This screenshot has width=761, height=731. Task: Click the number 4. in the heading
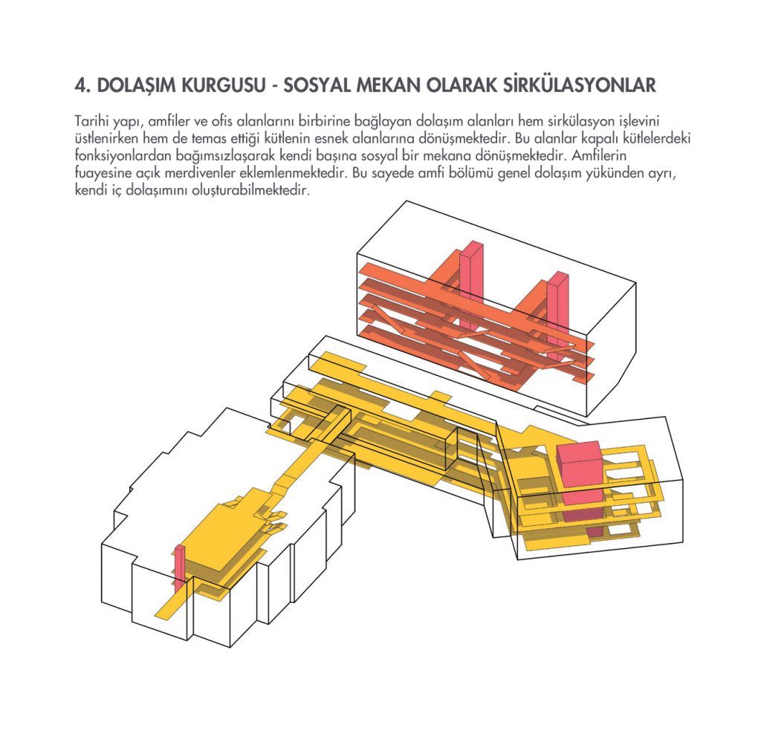click(x=82, y=85)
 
